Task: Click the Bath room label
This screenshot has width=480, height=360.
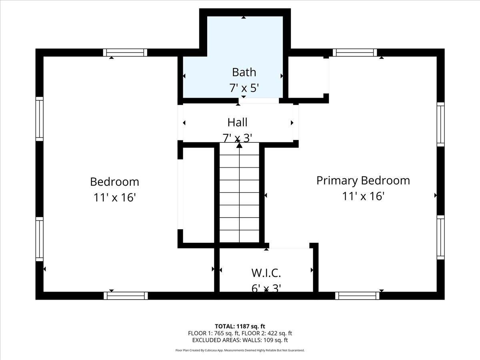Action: click(x=244, y=72)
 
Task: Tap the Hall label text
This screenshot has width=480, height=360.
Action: click(x=237, y=122)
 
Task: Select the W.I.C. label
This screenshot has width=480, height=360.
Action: click(x=266, y=273)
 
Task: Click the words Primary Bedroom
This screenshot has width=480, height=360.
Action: click(x=363, y=180)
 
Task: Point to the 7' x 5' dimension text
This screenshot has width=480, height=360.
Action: click(x=244, y=88)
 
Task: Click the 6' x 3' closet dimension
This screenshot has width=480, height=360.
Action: click(x=266, y=289)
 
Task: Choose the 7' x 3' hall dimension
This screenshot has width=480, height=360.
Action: click(x=237, y=138)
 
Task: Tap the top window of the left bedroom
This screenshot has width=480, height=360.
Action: click(x=125, y=53)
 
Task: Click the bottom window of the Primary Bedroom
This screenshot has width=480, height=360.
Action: click(x=357, y=296)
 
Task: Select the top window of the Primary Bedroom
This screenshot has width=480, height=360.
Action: click(x=355, y=53)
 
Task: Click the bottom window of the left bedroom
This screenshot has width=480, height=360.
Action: click(x=126, y=296)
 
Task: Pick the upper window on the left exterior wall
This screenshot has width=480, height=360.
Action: click(x=40, y=119)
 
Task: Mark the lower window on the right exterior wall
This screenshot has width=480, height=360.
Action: click(x=441, y=237)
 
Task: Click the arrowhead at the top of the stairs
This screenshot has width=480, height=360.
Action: click(x=239, y=145)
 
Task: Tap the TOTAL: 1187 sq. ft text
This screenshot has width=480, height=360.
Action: click(x=240, y=326)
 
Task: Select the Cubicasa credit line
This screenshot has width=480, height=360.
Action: click(x=240, y=350)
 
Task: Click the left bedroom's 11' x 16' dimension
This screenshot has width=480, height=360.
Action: click(x=114, y=197)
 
